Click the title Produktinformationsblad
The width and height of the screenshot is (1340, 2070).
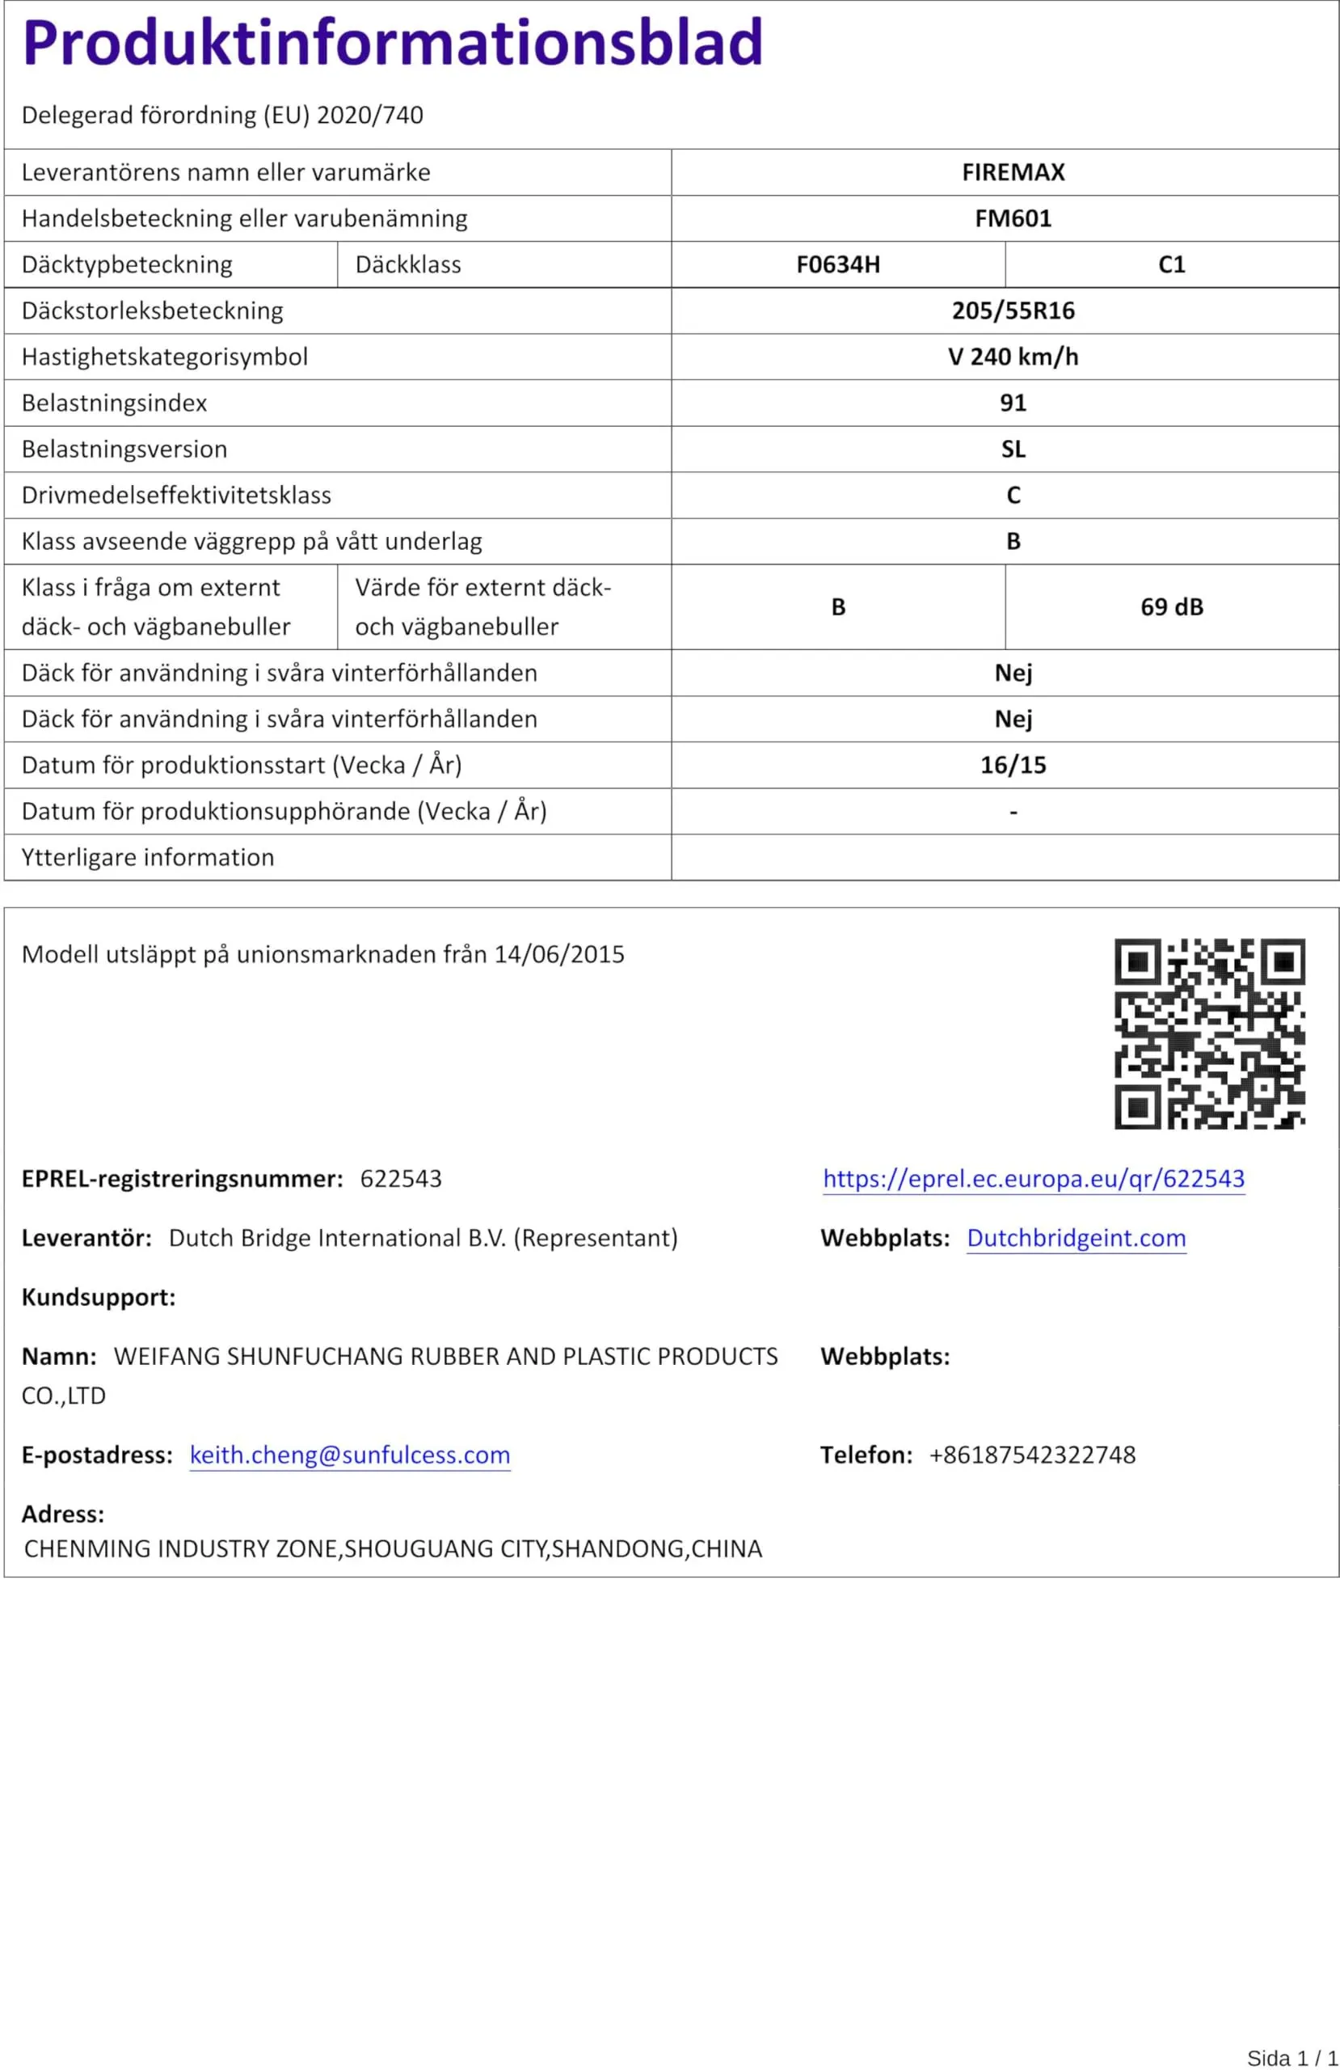pyautogui.click(x=392, y=43)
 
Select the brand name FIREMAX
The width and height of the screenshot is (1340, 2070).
pyautogui.click(x=1013, y=172)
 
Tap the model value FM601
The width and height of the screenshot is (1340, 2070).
pyautogui.click(x=1013, y=218)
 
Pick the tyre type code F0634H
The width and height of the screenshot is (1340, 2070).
pyautogui.click(x=837, y=264)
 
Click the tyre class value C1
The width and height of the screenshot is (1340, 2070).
pyautogui.click(x=1171, y=264)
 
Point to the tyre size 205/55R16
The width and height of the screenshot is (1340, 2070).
pyautogui.click(x=1013, y=310)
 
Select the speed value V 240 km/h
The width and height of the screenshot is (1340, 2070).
pyautogui.click(x=1013, y=357)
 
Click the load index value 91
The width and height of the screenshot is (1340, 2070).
pyautogui.click(x=1013, y=403)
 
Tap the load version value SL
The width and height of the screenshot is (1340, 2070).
pyautogui.click(x=1013, y=449)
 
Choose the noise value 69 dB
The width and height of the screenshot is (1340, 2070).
pyautogui.click(x=1171, y=607)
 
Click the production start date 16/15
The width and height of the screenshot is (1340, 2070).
pyautogui.click(x=1013, y=766)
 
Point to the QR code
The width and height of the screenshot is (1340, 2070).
pyautogui.click(x=1210, y=1033)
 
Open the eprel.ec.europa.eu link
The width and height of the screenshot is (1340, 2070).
pyautogui.click(x=1034, y=1178)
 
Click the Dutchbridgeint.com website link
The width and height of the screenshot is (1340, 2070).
pyautogui.click(x=1077, y=1238)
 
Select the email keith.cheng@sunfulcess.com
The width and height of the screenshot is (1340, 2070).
pyautogui.click(x=350, y=1455)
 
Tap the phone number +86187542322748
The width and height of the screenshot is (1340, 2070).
pyautogui.click(x=1032, y=1455)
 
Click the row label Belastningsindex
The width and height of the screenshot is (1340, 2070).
pyautogui.click(x=115, y=403)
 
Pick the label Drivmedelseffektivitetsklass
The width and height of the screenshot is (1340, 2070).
pyautogui.click(x=176, y=495)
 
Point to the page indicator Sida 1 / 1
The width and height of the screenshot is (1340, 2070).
pyautogui.click(x=1292, y=2057)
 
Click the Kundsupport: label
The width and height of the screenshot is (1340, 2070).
pyautogui.click(x=99, y=1297)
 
